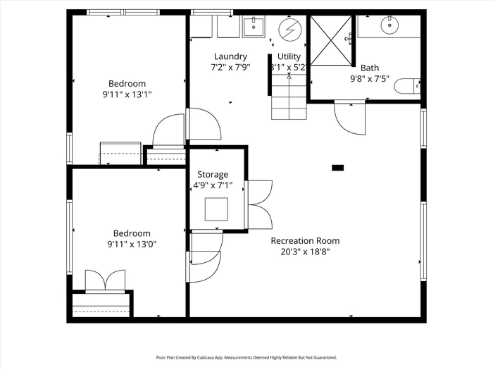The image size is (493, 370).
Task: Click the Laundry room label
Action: pos(230,56)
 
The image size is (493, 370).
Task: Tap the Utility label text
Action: pos(289,56)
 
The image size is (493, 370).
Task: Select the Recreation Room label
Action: pos(305,241)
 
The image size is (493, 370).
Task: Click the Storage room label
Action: pos(213,175)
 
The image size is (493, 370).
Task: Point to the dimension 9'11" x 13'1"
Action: pos(127,94)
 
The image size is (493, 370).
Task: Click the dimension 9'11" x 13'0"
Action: pos(132,244)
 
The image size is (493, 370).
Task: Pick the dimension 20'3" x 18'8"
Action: pos(305,252)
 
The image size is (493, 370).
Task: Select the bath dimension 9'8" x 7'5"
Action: pos(370,79)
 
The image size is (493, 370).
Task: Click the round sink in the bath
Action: pos(389,25)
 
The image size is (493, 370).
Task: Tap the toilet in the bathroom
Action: pos(408,86)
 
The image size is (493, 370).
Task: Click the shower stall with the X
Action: pos(331,41)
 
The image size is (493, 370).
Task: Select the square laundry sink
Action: pos(254,27)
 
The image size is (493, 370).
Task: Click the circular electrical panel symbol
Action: pos(290,30)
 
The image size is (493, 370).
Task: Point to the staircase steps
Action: pos(289,97)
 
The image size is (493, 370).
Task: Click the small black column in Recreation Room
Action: pos(337,168)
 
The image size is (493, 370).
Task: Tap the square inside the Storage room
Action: pos(216,209)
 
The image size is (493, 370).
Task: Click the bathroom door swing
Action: pos(349,118)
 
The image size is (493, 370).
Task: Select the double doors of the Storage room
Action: pos(258,204)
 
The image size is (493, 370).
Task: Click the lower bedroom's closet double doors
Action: pos(106,281)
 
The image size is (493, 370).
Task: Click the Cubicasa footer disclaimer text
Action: pos(246,357)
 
